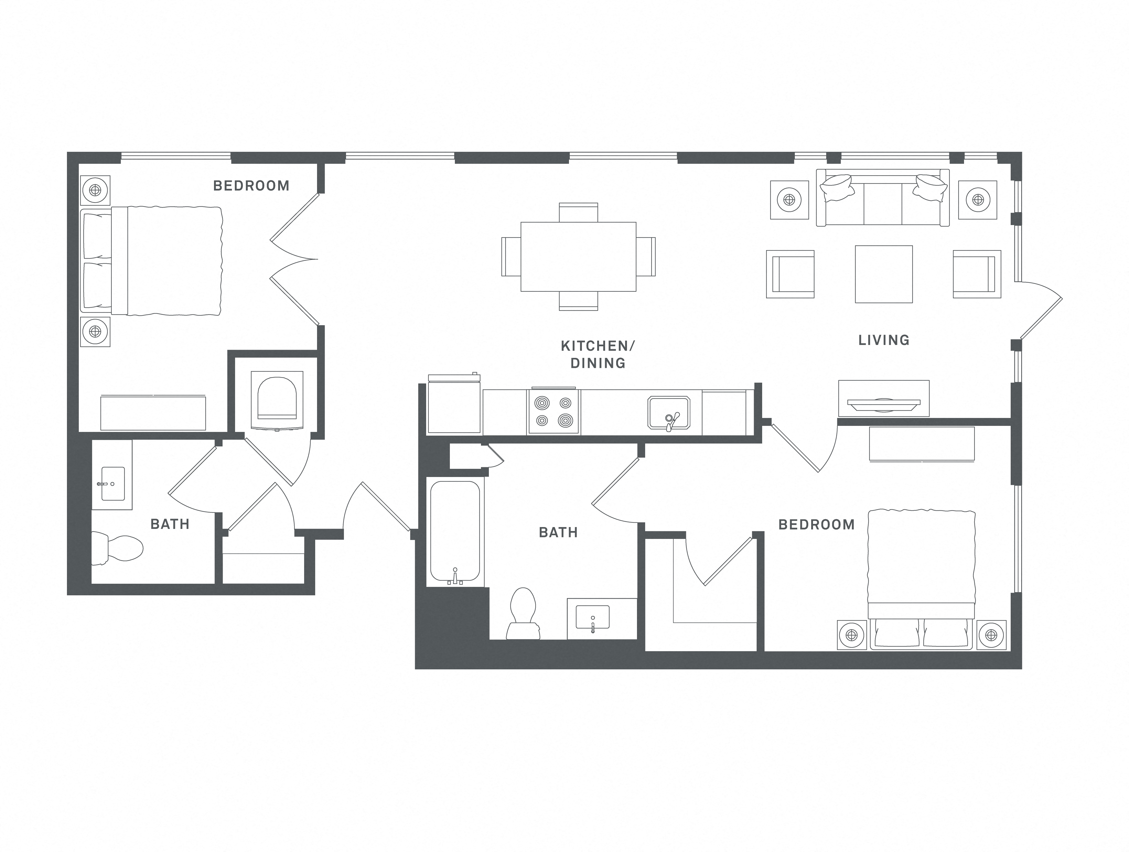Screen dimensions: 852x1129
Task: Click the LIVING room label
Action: tap(883, 340)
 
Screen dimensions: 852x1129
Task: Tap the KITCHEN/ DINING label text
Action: tap(598, 354)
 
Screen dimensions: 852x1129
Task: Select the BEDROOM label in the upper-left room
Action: tap(251, 186)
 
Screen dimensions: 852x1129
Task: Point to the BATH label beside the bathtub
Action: tap(558, 532)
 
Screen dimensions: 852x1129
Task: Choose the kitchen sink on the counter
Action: tap(669, 412)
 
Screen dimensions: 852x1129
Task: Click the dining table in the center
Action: tap(578, 257)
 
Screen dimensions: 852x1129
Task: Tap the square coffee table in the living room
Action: tap(883, 274)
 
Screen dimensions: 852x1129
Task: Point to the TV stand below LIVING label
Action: tap(883, 398)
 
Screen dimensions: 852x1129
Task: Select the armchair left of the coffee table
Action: tap(790, 274)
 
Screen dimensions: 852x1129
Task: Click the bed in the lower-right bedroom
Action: tap(921, 577)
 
